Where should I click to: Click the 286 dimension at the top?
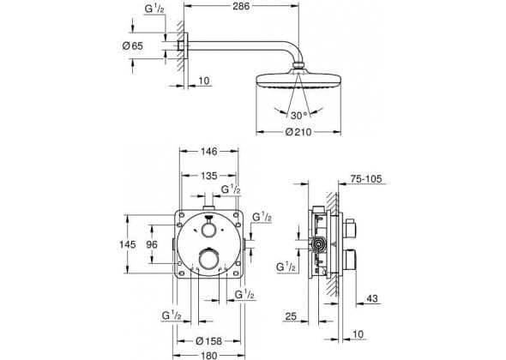click(x=241, y=6)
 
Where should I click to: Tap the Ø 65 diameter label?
click(x=133, y=45)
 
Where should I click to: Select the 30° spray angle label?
click(x=298, y=115)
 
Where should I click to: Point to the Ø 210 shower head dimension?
click(x=298, y=132)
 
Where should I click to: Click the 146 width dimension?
click(x=209, y=151)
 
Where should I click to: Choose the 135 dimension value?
click(x=209, y=176)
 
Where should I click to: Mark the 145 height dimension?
click(x=128, y=244)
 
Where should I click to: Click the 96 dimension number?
click(x=152, y=244)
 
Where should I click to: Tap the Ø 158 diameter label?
click(x=209, y=341)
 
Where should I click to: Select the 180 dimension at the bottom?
click(x=209, y=356)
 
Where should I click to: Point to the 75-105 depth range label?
click(x=366, y=178)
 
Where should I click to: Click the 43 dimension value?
click(x=372, y=298)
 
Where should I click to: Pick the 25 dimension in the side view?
click(x=291, y=316)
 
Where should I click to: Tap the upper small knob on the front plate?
click(x=208, y=230)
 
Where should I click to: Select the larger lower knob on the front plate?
click(x=209, y=258)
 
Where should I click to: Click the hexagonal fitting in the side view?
click(x=319, y=244)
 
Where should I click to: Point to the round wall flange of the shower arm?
click(x=185, y=45)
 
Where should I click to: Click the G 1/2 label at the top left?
click(x=154, y=9)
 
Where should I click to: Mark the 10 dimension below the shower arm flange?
click(x=204, y=81)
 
